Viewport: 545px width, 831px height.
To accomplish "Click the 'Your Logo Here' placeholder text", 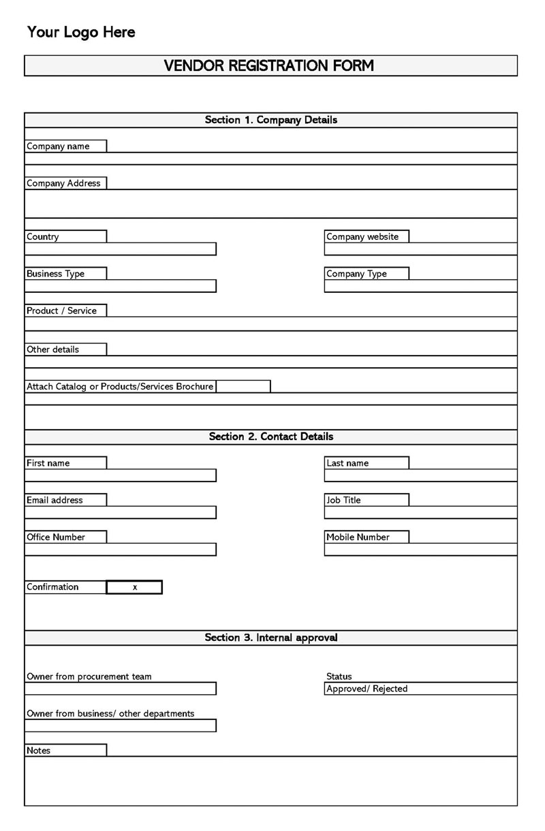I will [x=81, y=32].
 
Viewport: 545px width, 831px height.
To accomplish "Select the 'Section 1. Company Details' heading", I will [x=270, y=120].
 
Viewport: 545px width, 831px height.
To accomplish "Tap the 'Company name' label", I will [x=59, y=146].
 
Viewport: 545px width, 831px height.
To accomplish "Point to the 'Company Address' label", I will [x=63, y=183].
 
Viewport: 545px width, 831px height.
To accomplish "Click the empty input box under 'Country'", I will [x=120, y=249].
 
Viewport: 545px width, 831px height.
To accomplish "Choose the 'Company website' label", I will [x=358, y=236].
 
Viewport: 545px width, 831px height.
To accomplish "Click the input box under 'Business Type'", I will [x=120, y=286].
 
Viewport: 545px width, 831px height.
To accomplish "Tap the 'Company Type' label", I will [x=356, y=274].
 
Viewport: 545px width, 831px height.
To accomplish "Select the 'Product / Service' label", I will [x=62, y=311].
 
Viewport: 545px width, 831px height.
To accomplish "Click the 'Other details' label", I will [x=53, y=349].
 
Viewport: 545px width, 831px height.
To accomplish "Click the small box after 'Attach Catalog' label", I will [x=243, y=386].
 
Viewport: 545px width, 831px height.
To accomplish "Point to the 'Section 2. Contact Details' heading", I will [x=270, y=437].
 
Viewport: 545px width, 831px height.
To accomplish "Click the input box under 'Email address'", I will [x=120, y=512].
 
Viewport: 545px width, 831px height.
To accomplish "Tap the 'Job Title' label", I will [x=343, y=500].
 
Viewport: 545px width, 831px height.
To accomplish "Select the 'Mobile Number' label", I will [x=358, y=537].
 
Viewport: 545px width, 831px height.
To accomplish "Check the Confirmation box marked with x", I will [x=134, y=587].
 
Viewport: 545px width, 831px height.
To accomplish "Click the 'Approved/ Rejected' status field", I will [x=420, y=689].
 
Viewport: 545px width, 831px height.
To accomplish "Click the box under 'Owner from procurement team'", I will [x=120, y=689].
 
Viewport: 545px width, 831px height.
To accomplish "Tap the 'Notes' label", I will [x=39, y=750].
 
